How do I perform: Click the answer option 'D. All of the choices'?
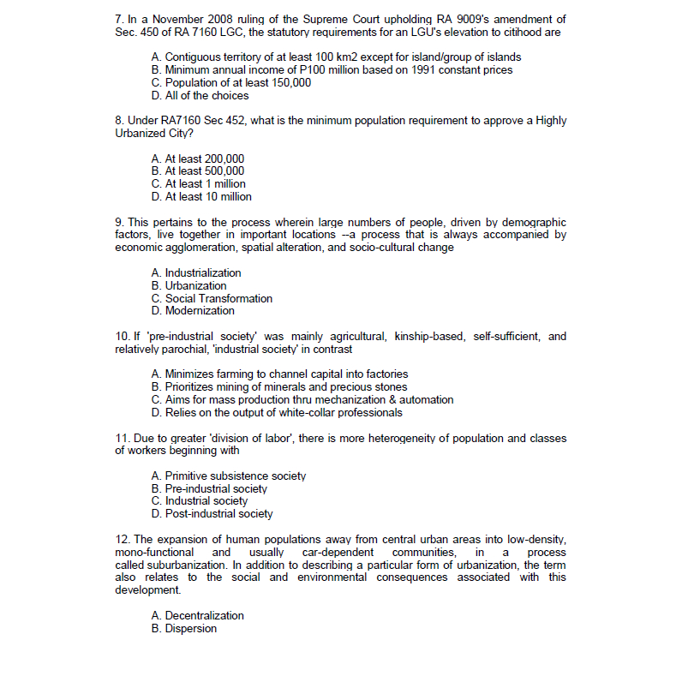tap(200, 95)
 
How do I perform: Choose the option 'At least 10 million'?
tap(201, 196)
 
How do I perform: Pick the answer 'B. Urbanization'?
tap(188, 285)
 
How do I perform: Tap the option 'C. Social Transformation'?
tap(212, 298)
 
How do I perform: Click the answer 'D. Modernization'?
tap(193, 310)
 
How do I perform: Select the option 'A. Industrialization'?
tap(196, 272)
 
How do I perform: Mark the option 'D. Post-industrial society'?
tap(212, 513)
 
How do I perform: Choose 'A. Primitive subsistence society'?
tap(228, 476)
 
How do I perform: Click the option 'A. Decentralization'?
tap(197, 615)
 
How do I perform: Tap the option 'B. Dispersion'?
tap(183, 628)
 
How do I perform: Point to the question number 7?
tap(119, 19)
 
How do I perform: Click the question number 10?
tap(123, 336)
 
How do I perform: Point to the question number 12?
tap(123, 539)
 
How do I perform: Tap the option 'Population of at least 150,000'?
tap(230, 82)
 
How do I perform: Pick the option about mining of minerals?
tap(279, 386)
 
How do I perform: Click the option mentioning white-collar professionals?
tap(277, 412)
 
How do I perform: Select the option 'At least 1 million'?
tap(198, 183)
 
